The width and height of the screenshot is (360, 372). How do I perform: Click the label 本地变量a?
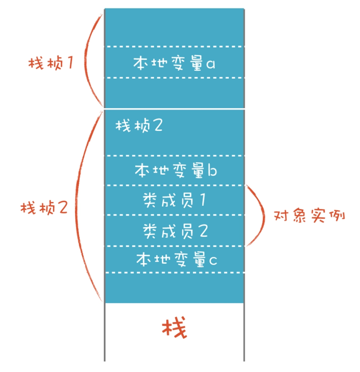coord(174,63)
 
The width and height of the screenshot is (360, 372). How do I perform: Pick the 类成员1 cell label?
coord(174,200)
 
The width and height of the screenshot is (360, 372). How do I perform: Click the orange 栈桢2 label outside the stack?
coord(44,207)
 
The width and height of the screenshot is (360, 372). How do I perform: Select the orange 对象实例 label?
coord(310,217)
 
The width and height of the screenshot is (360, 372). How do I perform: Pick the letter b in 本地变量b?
coord(212,170)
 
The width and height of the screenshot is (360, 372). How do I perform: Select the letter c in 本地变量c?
coord(212,261)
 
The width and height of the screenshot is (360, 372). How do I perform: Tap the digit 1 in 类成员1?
coord(202,200)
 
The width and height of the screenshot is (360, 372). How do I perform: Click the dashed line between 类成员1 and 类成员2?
coord(174,215)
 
